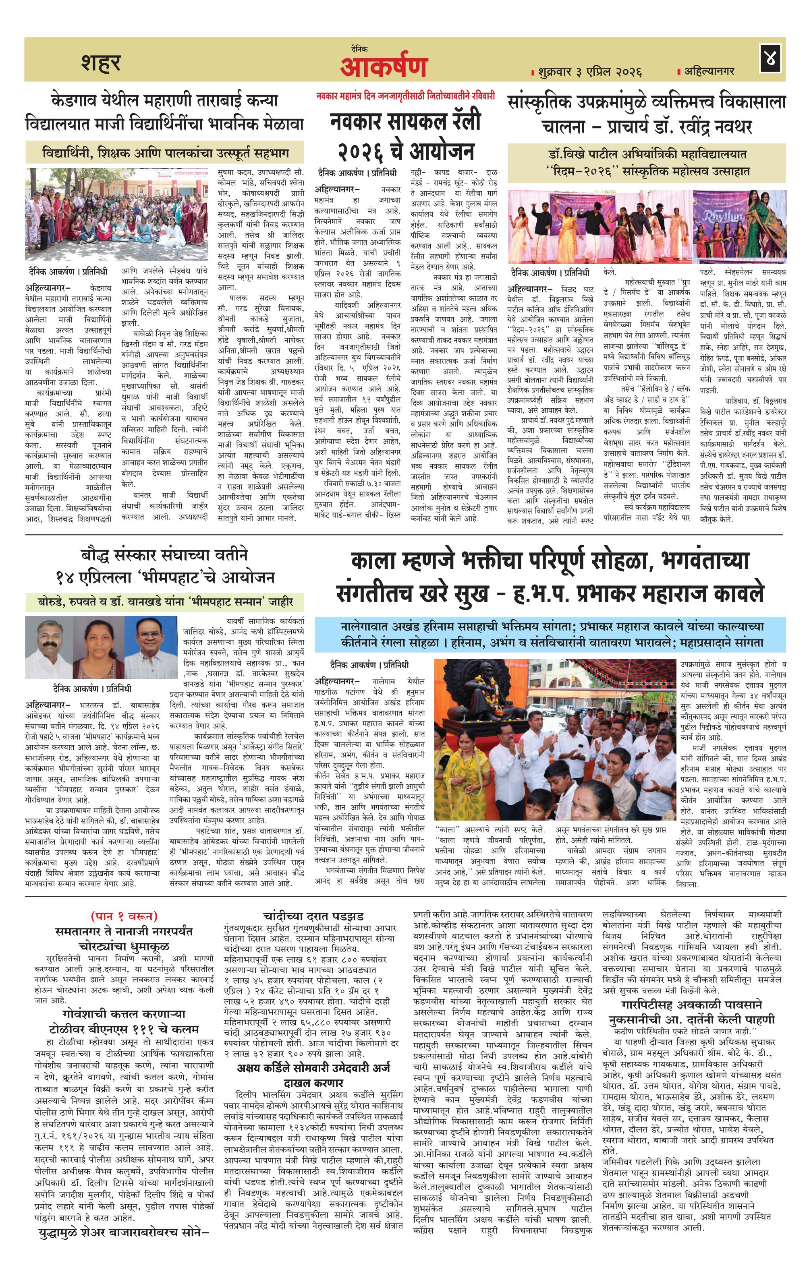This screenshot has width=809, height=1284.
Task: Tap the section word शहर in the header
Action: click(x=101, y=62)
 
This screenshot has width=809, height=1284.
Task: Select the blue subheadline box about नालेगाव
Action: click(x=550, y=634)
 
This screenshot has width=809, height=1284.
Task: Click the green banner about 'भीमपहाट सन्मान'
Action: click(x=165, y=602)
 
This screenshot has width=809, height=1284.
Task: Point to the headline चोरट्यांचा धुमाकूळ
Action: click(x=124, y=947)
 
